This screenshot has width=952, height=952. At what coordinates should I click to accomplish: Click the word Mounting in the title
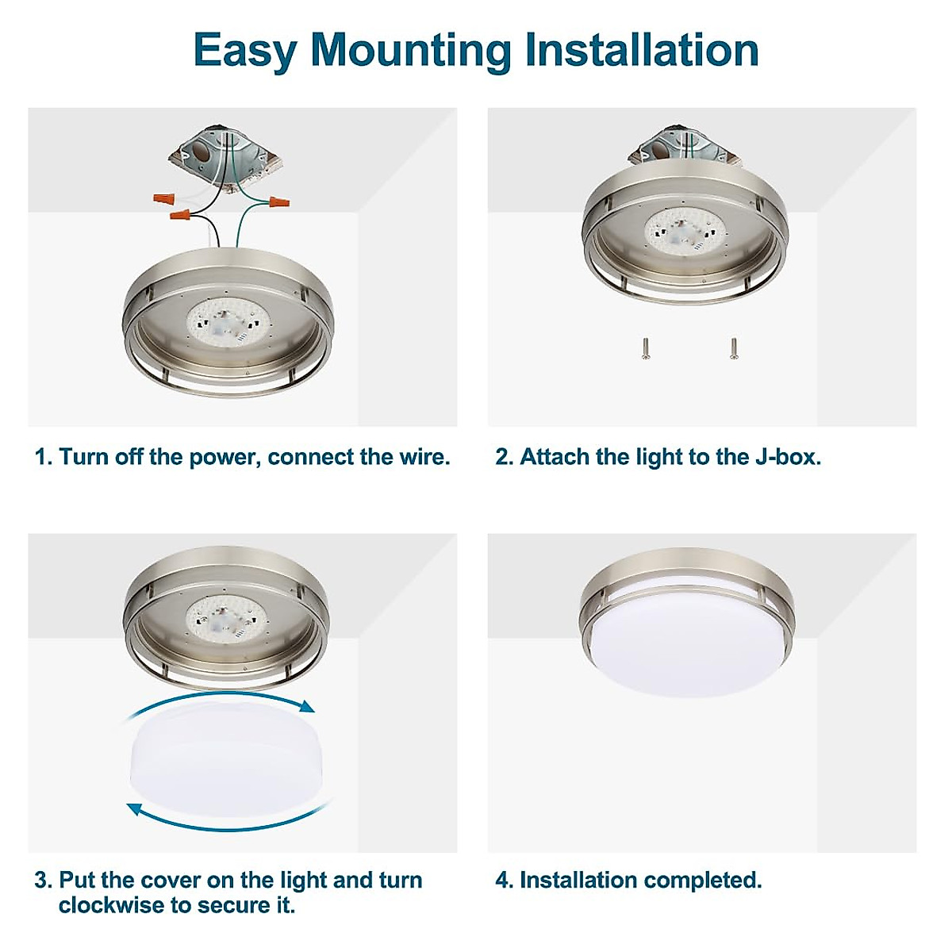411,51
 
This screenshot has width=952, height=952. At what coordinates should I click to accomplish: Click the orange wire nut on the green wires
278,203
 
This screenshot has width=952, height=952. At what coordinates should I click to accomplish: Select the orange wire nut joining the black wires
180,215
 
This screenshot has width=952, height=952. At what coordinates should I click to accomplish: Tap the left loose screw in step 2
646,348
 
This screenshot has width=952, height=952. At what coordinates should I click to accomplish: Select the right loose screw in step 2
734,347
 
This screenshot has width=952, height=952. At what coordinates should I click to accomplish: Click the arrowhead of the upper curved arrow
308,707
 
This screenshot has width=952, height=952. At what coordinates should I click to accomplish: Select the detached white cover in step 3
228,760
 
